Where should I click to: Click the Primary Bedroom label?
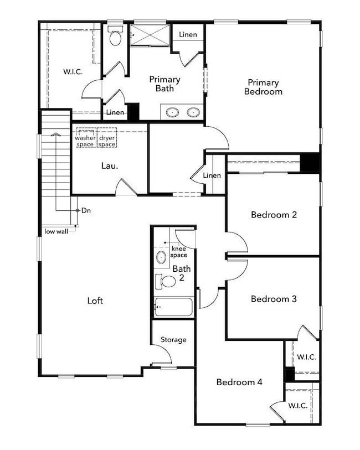pyautogui.click(x=263, y=87)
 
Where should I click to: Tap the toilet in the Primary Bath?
pyautogui.click(x=115, y=36)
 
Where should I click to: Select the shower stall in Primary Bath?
pyautogui.click(x=150, y=35)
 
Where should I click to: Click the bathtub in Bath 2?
pyautogui.click(x=173, y=307)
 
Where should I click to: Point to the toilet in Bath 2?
pyautogui.click(x=166, y=282)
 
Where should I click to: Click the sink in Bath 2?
pyautogui.click(x=161, y=257)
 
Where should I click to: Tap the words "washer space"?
pyautogui.click(x=85, y=141)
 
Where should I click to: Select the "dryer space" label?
pyautogui.click(x=107, y=141)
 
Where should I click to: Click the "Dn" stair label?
pyautogui.click(x=86, y=210)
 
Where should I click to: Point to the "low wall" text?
pyautogui.click(x=56, y=231)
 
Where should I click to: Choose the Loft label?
pyautogui.click(x=95, y=301)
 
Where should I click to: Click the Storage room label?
pyautogui.click(x=173, y=340)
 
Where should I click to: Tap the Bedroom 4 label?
pyautogui.click(x=239, y=382)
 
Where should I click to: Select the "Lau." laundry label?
pyautogui.click(x=110, y=165)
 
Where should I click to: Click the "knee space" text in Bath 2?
pyautogui.click(x=178, y=252)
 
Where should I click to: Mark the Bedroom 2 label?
pyautogui.click(x=274, y=214)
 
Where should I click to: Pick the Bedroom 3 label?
pyautogui.click(x=274, y=299)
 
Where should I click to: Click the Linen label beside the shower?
pyautogui.click(x=188, y=34)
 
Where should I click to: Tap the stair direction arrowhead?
pyautogui.click(x=55, y=134)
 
